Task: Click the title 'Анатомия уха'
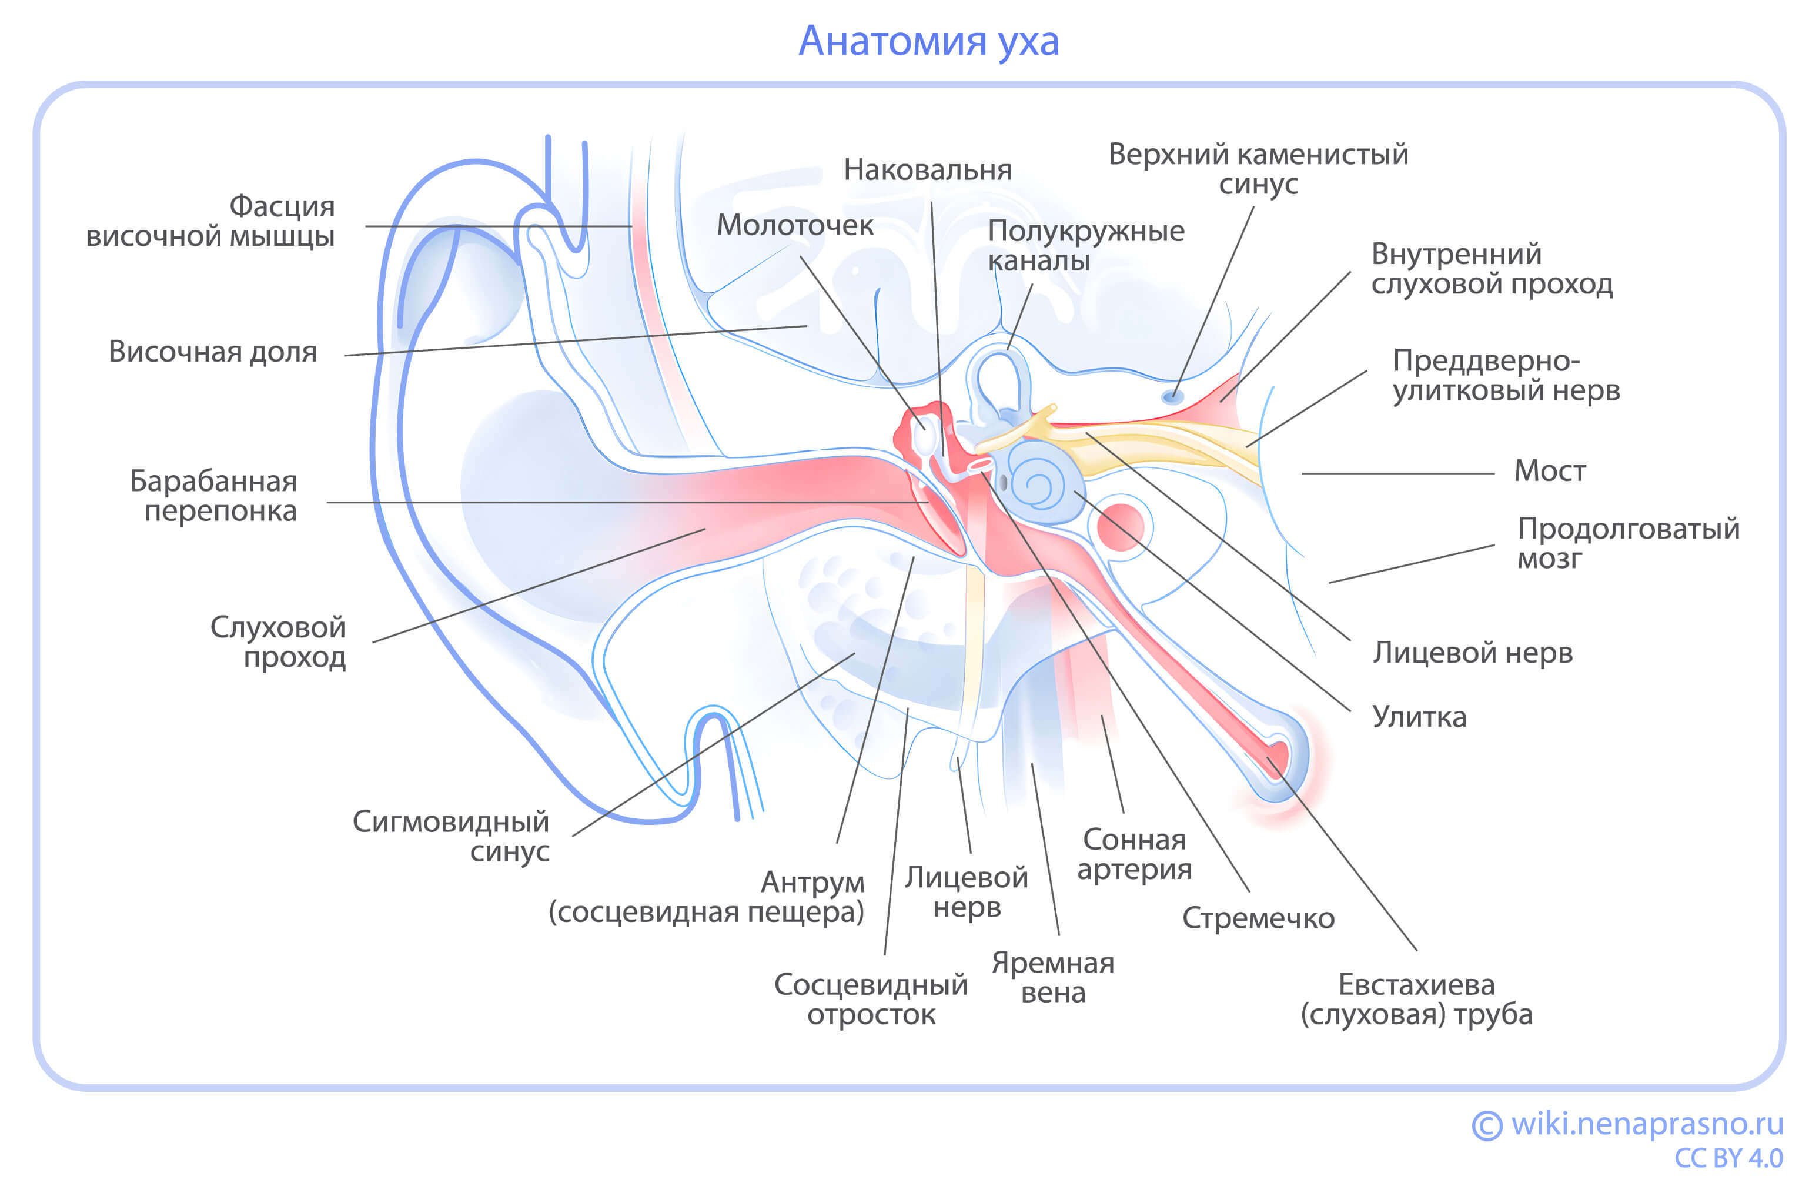(x=928, y=41)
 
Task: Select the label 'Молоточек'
(x=794, y=225)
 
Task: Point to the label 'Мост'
(x=1549, y=470)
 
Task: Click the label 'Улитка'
(x=1419, y=717)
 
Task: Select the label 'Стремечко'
(x=1258, y=918)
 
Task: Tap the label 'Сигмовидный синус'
(x=450, y=836)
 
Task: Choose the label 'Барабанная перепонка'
(x=213, y=496)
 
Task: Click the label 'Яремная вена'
(x=1052, y=977)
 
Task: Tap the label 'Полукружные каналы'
(x=1085, y=245)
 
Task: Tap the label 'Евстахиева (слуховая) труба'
(x=1416, y=999)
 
